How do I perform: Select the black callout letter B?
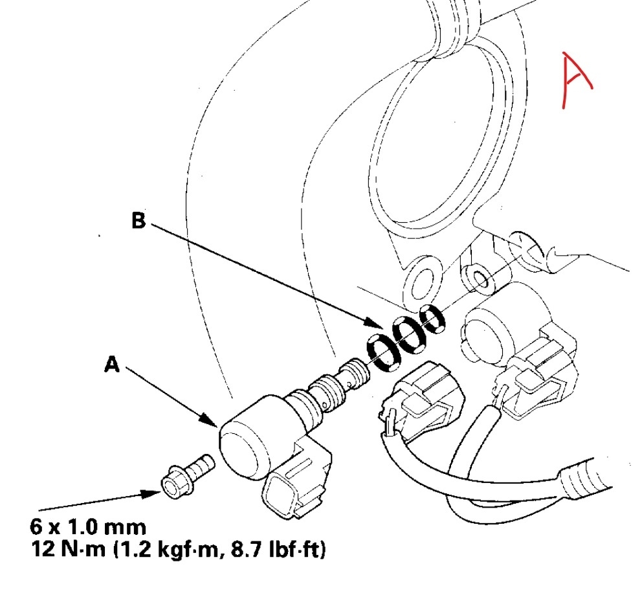(x=138, y=221)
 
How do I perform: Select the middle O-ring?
(x=408, y=335)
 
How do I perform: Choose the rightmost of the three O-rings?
(x=432, y=318)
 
